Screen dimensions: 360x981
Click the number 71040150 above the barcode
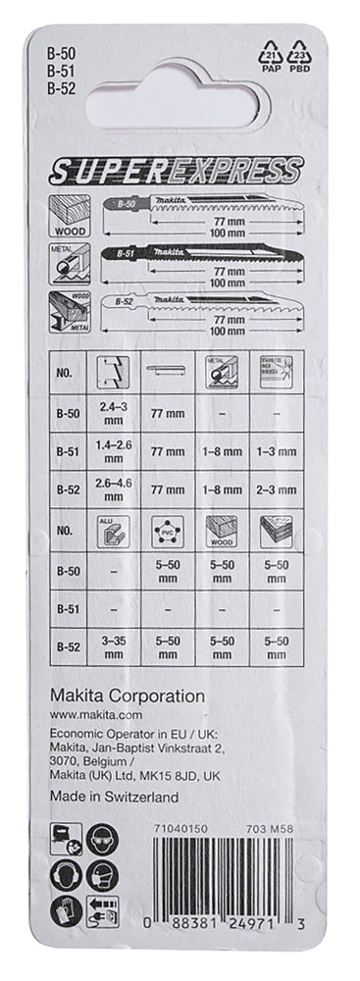coord(180,829)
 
